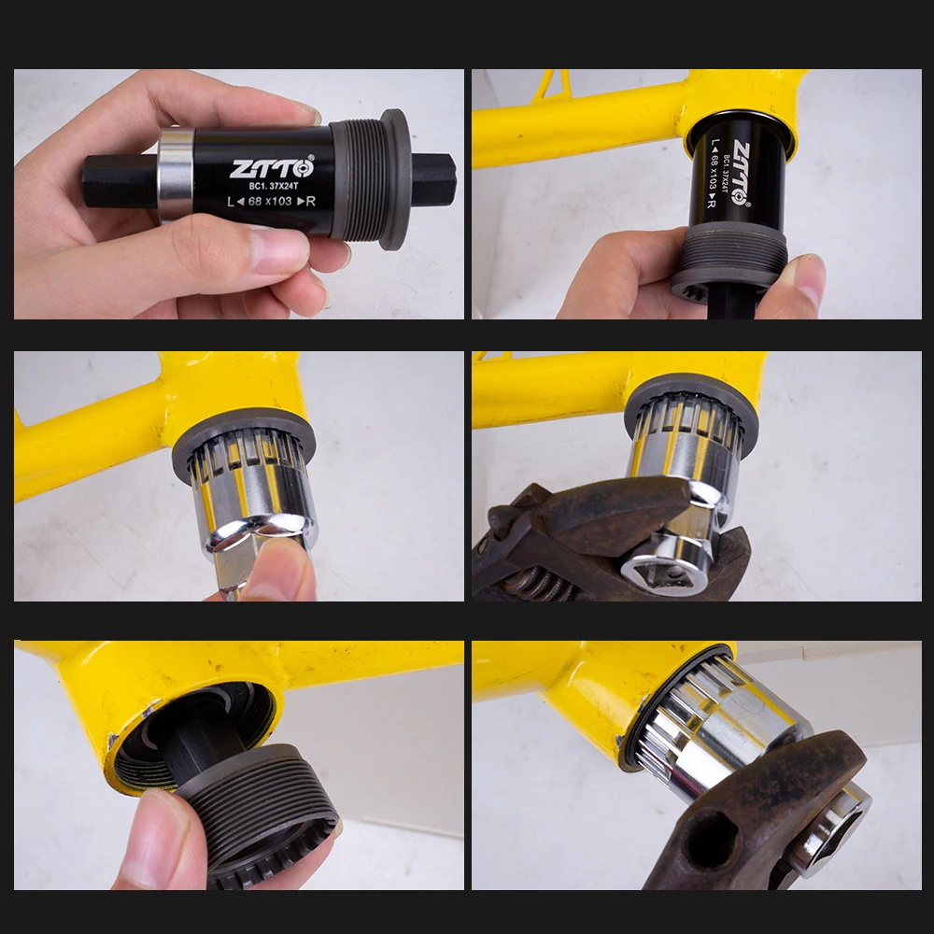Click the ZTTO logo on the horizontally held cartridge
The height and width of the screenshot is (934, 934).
(x=273, y=168)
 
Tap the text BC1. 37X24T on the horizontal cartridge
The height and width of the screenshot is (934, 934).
(x=273, y=185)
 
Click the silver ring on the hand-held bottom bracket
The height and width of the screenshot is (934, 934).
(x=176, y=175)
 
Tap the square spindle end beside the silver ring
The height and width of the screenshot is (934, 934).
(x=120, y=180)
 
